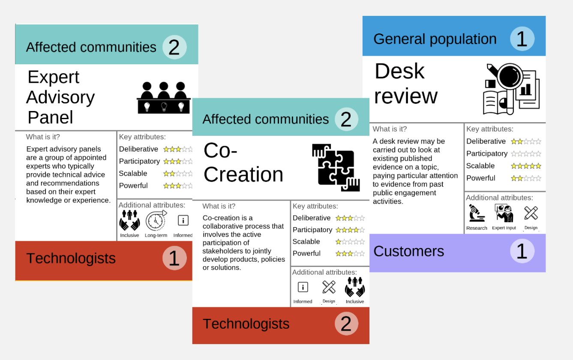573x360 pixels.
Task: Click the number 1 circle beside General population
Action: click(x=522, y=39)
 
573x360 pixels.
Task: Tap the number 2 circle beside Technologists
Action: click(x=346, y=324)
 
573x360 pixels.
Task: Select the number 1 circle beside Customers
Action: click(x=522, y=251)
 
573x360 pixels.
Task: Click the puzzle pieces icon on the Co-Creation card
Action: click(x=336, y=168)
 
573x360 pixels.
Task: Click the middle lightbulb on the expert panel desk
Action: click(x=164, y=106)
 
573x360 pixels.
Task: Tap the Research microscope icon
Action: click(x=477, y=213)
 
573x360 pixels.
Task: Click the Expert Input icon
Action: click(x=504, y=213)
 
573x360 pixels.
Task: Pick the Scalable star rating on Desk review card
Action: click(x=526, y=166)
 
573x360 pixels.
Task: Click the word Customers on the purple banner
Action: click(x=408, y=251)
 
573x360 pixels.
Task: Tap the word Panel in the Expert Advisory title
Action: click(x=50, y=117)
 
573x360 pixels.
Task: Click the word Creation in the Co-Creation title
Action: click(x=243, y=174)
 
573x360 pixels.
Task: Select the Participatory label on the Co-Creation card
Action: click(x=312, y=230)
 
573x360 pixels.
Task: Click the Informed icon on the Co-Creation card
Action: click(x=303, y=287)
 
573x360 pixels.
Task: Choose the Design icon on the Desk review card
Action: click(x=531, y=213)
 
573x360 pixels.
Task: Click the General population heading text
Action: click(x=435, y=39)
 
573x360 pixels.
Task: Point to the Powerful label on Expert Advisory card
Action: click(x=133, y=186)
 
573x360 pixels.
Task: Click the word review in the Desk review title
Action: click(x=406, y=96)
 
